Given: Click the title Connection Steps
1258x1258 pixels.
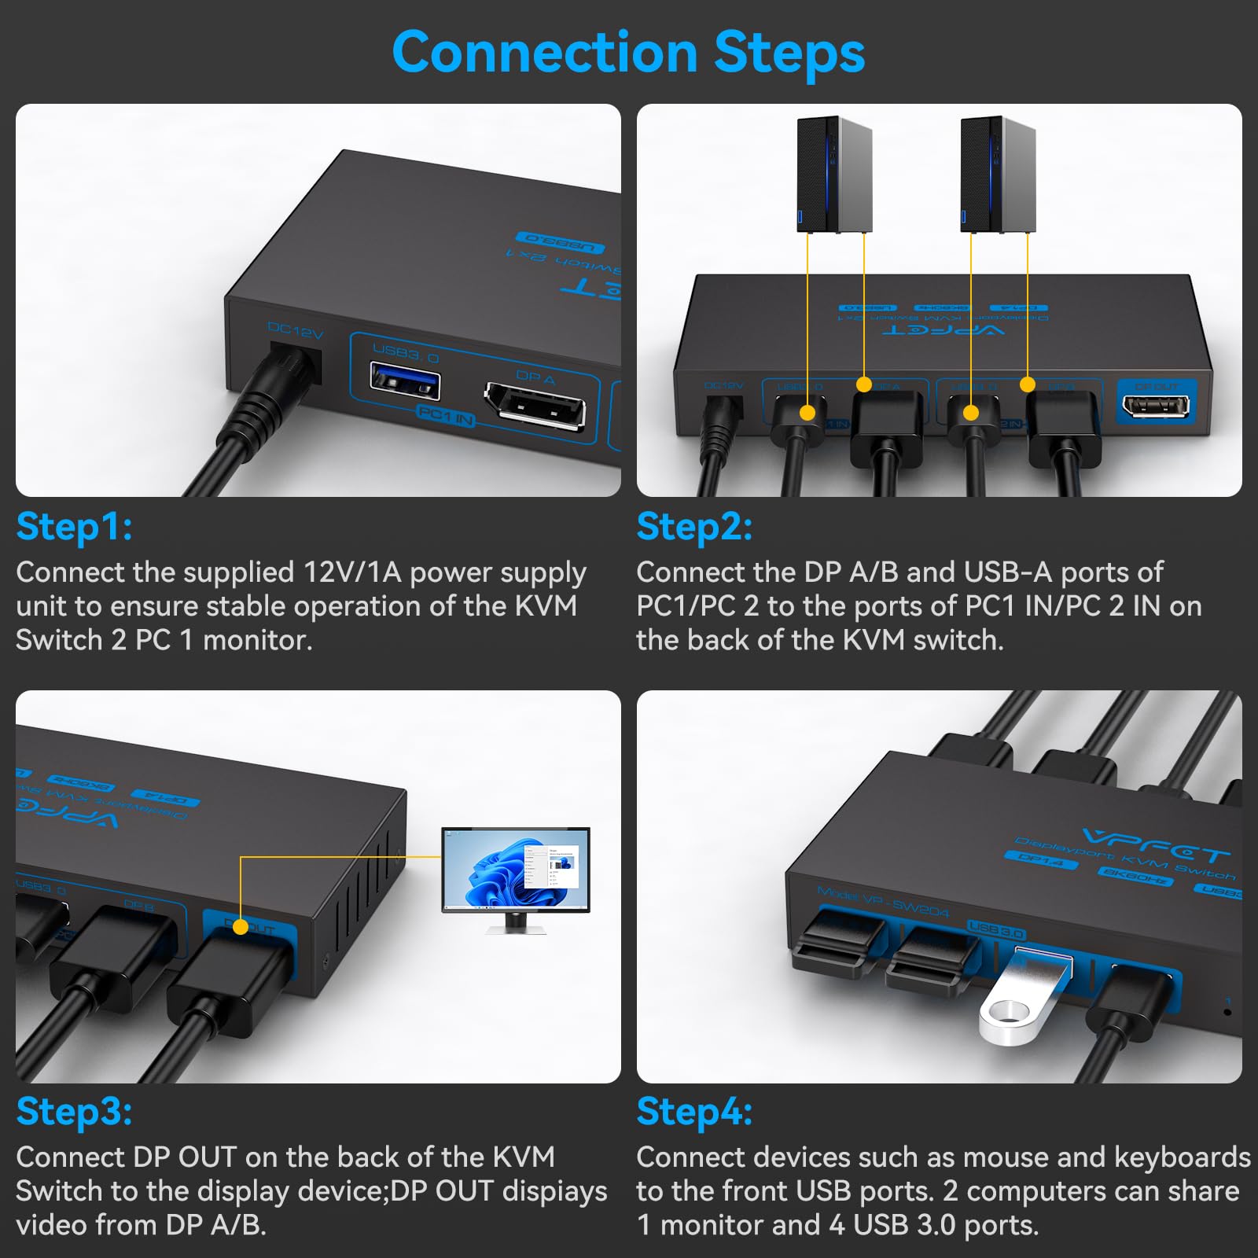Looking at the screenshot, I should (628, 53).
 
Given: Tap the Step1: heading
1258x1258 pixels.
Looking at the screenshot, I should (74, 527).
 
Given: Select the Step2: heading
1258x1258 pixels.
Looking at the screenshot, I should (694, 527).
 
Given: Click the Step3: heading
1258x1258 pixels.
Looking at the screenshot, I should (74, 1112).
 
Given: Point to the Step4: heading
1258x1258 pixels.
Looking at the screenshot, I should (694, 1112).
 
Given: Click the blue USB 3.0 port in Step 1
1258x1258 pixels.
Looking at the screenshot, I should (405, 381).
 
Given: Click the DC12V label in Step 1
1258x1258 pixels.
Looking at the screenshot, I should (295, 331).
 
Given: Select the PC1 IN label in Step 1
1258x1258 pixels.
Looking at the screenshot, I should (446, 415).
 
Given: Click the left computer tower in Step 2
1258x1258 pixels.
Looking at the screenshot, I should (834, 175).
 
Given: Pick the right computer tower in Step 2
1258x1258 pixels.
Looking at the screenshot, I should (998, 175).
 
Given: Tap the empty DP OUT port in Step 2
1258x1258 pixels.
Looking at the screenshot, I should (1156, 406).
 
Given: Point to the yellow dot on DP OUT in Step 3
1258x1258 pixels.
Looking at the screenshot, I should (241, 928).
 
